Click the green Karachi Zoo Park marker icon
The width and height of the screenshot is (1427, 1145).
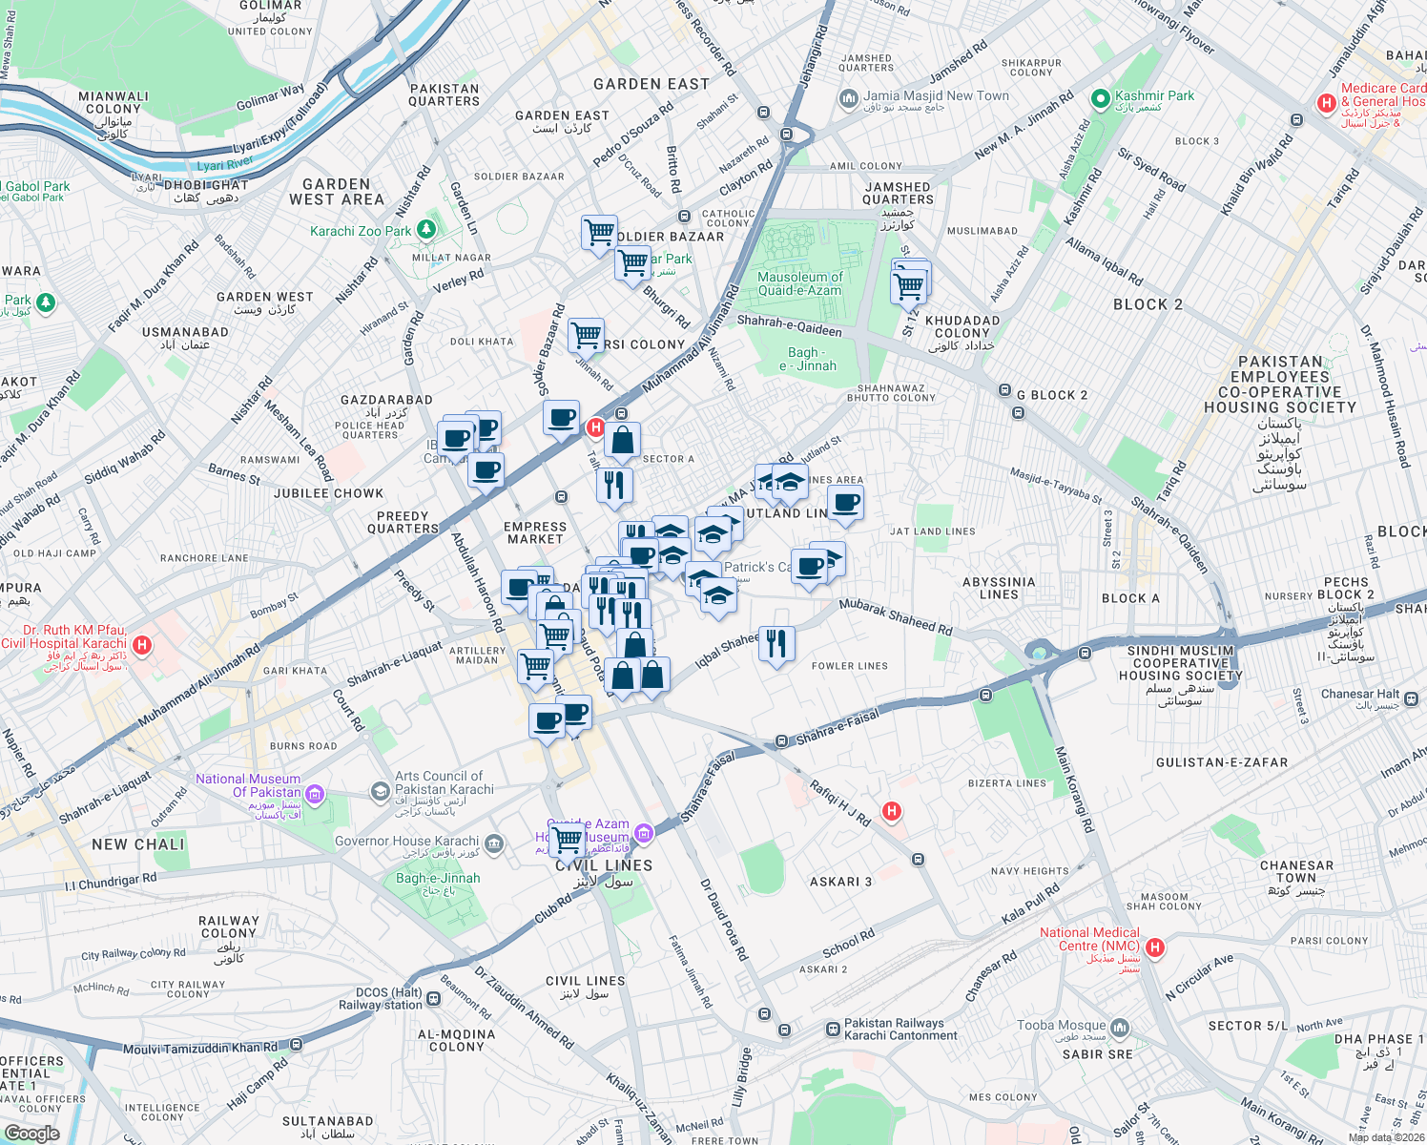point(426,230)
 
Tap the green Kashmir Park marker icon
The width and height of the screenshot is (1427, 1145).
point(1101,97)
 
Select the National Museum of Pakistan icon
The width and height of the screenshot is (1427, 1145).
point(315,794)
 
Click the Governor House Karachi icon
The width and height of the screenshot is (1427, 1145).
point(493,843)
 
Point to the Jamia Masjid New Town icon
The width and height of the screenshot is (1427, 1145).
point(848,98)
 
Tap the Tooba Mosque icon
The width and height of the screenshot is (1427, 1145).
point(1120,1028)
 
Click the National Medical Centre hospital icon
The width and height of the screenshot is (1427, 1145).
point(1155,947)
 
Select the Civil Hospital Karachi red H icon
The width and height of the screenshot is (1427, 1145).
point(142,646)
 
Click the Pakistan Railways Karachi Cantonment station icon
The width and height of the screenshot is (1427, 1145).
point(834,1030)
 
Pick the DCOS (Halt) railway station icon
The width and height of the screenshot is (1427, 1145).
point(434,999)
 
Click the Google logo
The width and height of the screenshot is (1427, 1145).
point(31,1134)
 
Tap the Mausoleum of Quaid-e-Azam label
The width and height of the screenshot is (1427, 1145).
point(800,283)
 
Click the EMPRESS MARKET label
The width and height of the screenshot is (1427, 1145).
point(534,532)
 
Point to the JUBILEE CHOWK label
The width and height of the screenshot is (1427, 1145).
point(328,493)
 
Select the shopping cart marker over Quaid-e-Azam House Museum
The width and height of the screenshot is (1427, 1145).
point(568,841)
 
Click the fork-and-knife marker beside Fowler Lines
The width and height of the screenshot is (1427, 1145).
point(776,644)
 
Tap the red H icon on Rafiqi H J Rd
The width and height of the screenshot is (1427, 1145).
point(892,811)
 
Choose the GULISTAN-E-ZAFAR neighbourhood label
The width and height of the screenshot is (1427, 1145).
point(1221,762)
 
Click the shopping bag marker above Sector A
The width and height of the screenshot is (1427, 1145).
point(622,440)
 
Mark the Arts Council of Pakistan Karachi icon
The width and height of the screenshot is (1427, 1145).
point(381,790)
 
